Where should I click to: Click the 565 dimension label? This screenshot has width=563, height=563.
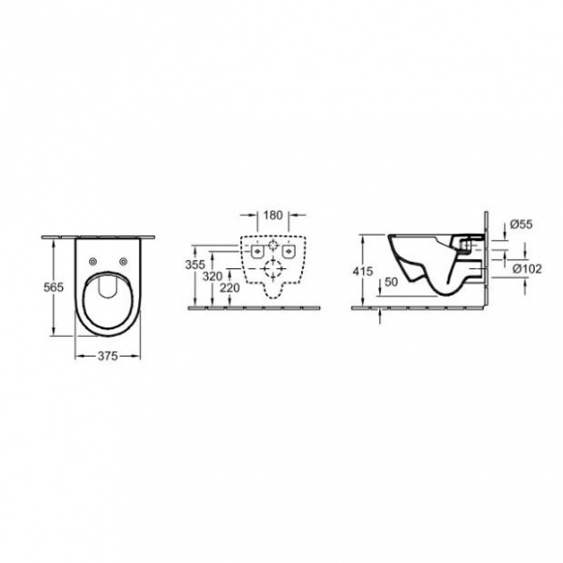click(x=53, y=287)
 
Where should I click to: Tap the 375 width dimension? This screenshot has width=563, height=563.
click(x=108, y=356)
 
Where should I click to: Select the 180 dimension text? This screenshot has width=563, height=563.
click(x=273, y=216)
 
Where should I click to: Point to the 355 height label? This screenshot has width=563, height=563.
click(x=195, y=265)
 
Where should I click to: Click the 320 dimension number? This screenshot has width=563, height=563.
click(x=213, y=277)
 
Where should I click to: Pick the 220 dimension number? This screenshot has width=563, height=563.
click(x=230, y=288)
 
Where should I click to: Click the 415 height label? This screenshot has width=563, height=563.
click(x=362, y=271)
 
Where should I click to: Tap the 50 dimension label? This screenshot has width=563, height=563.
click(x=391, y=282)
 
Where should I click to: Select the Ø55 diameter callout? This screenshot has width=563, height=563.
click(x=522, y=224)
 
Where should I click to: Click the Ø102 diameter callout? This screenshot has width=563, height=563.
click(x=527, y=269)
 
